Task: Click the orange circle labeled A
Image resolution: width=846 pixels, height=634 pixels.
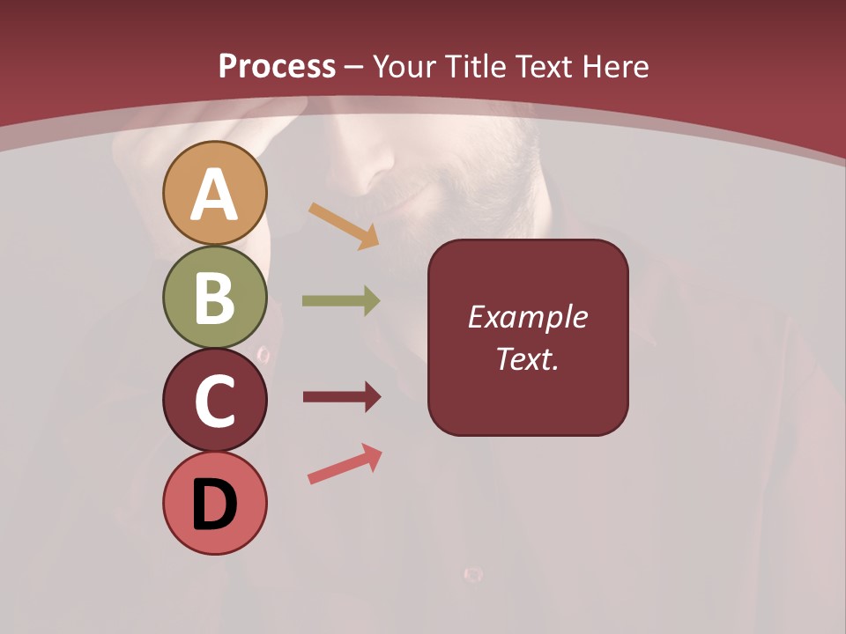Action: (215, 193)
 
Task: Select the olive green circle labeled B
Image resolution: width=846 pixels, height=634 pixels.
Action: (215, 297)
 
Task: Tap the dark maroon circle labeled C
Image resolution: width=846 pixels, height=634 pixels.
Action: (215, 400)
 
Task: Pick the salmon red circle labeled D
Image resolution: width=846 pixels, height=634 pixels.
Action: (215, 503)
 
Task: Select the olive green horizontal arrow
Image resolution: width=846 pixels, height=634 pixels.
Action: (341, 301)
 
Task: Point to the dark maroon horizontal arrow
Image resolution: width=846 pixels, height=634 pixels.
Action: (342, 397)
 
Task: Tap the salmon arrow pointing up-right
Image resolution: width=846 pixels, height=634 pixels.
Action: (345, 464)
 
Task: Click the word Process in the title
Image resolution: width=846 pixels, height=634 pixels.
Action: (277, 66)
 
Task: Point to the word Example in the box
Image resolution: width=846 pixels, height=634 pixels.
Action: (527, 317)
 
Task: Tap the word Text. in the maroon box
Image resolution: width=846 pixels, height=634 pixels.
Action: (527, 358)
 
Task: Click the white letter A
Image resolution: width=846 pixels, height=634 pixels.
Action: (215, 195)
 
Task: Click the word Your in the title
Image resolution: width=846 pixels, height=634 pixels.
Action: (405, 66)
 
